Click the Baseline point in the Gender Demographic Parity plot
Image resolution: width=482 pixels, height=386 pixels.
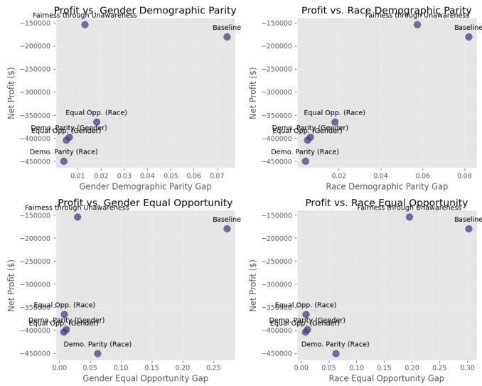[227, 37]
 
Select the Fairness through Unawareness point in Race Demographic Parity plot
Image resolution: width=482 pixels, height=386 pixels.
[417, 24]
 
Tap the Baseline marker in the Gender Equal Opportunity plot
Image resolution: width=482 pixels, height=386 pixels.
[227, 229]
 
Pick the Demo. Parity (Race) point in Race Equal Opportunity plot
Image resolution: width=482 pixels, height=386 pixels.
[336, 353]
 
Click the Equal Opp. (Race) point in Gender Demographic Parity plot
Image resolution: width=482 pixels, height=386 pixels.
[97, 122]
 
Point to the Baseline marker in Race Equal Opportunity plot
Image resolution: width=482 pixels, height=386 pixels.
[468, 229]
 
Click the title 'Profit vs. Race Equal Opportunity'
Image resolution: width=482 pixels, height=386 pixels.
[386, 203]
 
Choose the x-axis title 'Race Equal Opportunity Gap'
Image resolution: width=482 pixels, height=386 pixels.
[387, 378]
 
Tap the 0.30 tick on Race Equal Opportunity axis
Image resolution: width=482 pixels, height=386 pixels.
[467, 367]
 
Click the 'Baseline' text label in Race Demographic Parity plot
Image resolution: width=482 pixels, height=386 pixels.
[468, 28]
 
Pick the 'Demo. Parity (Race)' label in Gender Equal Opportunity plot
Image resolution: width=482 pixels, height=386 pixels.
[97, 344]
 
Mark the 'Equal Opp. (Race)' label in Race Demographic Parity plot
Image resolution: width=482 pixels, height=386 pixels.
[334, 112]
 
